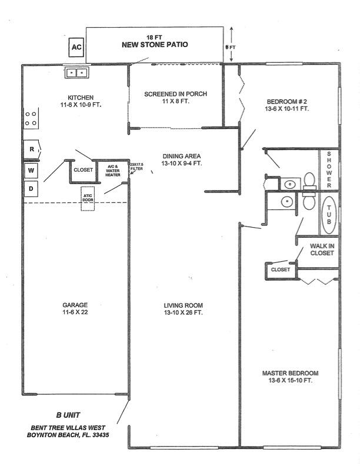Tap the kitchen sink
tap(77, 72)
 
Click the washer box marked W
tap(31, 171)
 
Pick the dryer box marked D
tap(31, 188)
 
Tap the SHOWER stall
tap(329, 169)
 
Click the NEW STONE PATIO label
tap(155, 44)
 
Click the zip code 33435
tap(98, 435)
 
